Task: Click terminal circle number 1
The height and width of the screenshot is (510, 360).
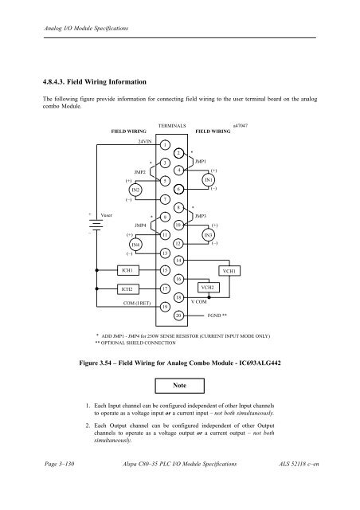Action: coord(163,144)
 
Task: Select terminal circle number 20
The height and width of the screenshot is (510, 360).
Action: coord(179,315)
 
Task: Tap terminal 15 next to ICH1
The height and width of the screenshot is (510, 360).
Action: coord(163,271)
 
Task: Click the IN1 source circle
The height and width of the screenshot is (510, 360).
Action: coord(209,180)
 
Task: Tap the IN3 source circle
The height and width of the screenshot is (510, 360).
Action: coord(209,236)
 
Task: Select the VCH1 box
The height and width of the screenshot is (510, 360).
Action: coord(229,271)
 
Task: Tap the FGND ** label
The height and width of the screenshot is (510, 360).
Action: coord(217,315)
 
